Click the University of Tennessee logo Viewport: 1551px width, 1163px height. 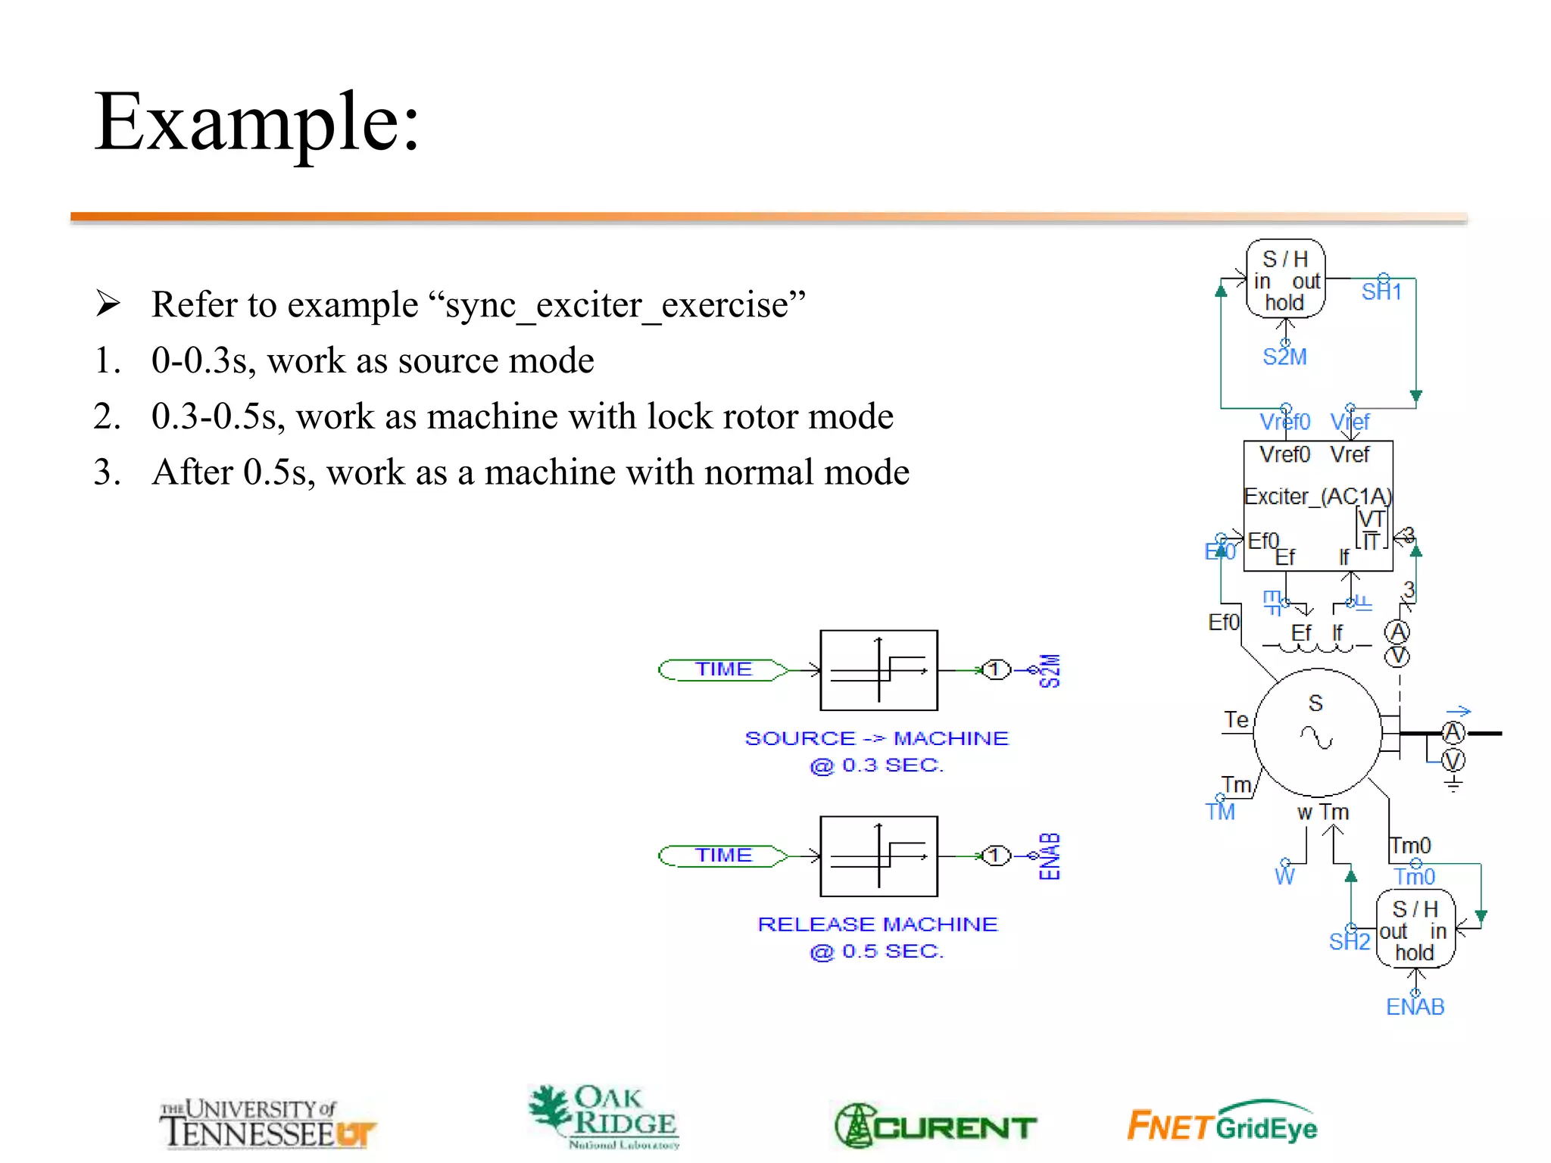[x=267, y=1124]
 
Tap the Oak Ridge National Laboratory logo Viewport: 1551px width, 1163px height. [x=604, y=1117]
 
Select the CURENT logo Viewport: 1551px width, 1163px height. [x=935, y=1126]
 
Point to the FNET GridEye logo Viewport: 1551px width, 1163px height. [x=1222, y=1124]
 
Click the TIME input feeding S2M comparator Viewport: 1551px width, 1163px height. [x=723, y=669]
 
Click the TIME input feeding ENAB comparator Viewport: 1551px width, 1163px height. [x=723, y=856]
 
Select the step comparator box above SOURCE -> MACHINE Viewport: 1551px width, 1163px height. [x=878, y=670]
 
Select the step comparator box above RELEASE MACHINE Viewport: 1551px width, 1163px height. [x=878, y=856]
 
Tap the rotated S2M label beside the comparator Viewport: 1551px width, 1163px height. [x=1050, y=670]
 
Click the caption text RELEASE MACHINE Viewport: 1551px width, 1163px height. [x=877, y=924]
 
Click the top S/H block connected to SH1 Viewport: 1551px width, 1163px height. [x=1285, y=279]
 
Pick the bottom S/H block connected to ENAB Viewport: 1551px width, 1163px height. [x=1415, y=930]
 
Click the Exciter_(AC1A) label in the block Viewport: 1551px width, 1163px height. [x=1317, y=497]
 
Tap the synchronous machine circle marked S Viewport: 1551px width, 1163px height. [x=1317, y=731]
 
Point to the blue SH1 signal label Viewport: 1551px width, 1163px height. [x=1381, y=292]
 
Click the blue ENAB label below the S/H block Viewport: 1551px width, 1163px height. [x=1415, y=1007]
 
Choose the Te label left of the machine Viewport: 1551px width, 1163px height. [x=1236, y=719]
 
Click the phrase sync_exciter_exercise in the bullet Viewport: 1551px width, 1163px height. [x=616, y=305]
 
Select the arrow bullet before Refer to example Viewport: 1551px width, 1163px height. [x=108, y=304]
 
